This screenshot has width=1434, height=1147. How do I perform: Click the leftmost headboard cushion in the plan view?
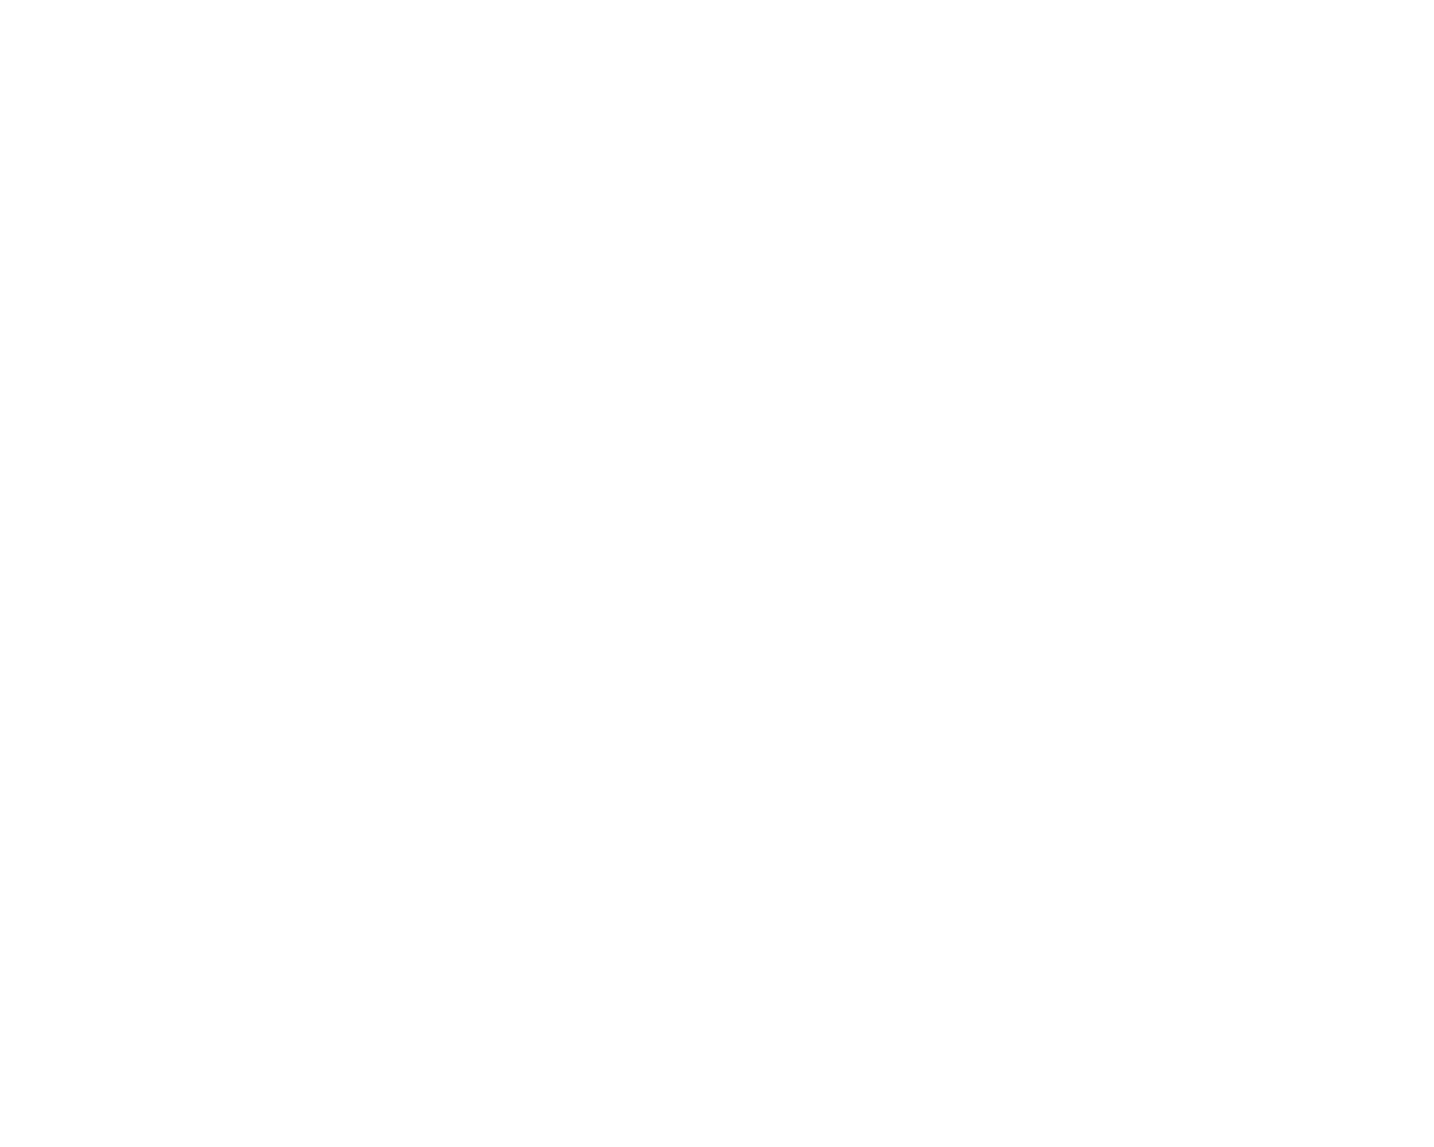pos(149,498)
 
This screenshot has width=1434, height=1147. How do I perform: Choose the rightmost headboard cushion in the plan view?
pos(661,498)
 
